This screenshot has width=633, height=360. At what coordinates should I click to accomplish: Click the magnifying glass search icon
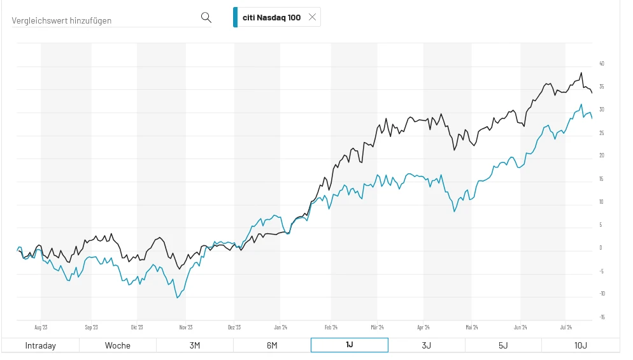(x=206, y=17)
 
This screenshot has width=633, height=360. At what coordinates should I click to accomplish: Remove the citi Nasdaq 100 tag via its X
(x=312, y=17)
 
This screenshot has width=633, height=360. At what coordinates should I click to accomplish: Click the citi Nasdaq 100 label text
(x=271, y=18)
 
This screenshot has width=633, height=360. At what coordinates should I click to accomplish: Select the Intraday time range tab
(x=40, y=345)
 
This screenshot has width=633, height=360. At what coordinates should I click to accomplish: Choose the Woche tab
(x=118, y=345)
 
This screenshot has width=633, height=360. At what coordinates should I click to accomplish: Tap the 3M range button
(x=195, y=345)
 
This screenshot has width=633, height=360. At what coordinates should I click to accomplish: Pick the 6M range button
(x=272, y=345)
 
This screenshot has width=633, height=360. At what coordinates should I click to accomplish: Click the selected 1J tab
(x=349, y=345)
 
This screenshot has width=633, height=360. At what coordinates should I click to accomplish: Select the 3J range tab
(x=426, y=345)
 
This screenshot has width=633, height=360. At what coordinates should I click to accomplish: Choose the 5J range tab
(x=503, y=345)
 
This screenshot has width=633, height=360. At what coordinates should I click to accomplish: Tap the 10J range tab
(x=580, y=345)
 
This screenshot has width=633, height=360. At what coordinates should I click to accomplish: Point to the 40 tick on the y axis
(x=602, y=64)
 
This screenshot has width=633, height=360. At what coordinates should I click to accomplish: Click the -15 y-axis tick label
(x=602, y=317)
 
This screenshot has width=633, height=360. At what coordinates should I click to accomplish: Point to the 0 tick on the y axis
(x=602, y=248)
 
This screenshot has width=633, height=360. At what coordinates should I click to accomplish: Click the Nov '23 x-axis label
(x=186, y=328)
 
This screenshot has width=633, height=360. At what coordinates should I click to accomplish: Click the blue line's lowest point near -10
(x=178, y=298)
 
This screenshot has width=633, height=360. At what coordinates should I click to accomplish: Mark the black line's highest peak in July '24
(x=581, y=73)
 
